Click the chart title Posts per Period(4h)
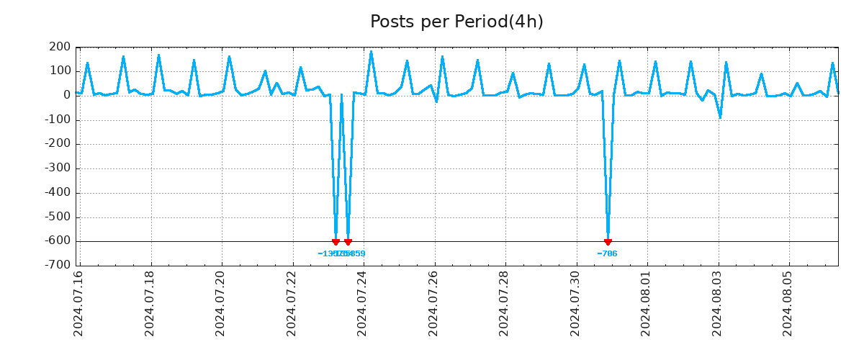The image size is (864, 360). click(456, 22)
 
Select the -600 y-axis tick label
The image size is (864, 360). click(58, 241)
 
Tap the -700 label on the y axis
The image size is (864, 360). click(58, 266)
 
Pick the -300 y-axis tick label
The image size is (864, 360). click(58, 168)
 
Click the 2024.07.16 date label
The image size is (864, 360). click(78, 303)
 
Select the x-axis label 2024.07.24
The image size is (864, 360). click(363, 303)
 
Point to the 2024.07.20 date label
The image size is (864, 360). click(220, 303)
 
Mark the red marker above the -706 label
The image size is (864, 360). click(608, 242)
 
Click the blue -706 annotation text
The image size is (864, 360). click(607, 254)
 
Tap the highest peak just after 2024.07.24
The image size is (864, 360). click(371, 52)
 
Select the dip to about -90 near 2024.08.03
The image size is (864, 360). click(720, 117)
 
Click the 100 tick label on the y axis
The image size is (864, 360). click(60, 71)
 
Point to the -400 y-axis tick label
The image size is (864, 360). click(58, 193)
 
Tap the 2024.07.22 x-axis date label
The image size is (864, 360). click(292, 303)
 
